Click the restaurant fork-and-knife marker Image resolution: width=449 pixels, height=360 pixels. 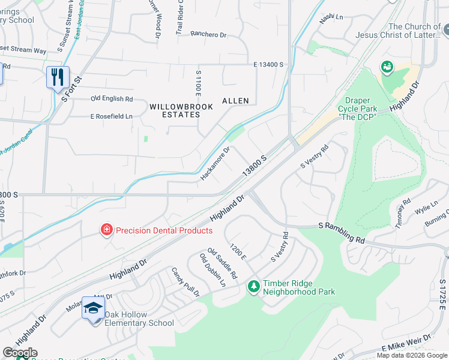click(58, 77)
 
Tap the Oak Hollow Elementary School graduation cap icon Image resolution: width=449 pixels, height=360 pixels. click(94, 308)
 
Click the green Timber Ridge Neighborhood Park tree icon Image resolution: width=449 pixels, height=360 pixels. click(254, 286)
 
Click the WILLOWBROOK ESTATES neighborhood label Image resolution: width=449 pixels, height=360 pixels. click(175, 110)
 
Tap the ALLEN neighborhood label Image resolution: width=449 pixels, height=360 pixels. click(235, 101)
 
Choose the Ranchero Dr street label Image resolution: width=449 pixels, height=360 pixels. click(208, 35)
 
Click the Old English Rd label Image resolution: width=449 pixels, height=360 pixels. click(112, 98)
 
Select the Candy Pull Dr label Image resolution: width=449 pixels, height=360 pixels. click(185, 282)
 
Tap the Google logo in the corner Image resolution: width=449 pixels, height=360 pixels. click(20, 353)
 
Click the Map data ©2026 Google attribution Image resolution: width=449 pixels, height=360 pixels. click(412, 355)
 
